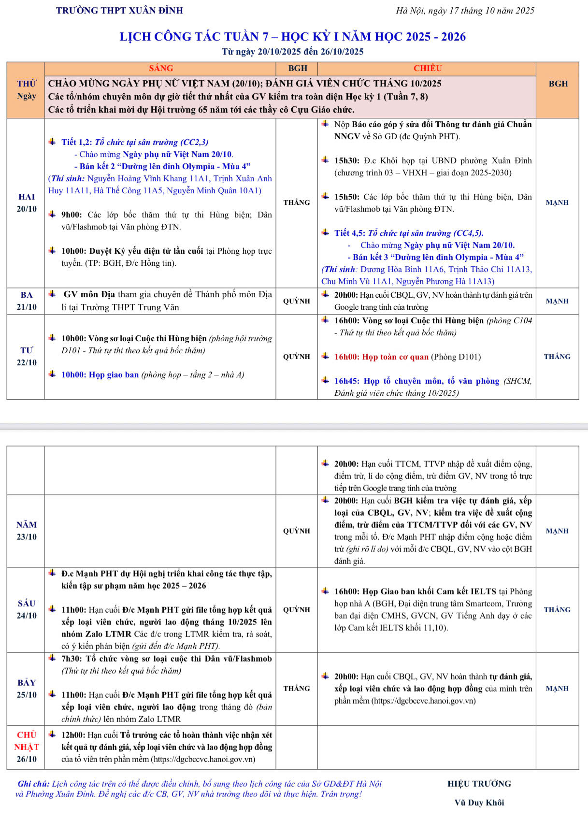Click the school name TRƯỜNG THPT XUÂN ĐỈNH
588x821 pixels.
pyautogui.click(x=119, y=10)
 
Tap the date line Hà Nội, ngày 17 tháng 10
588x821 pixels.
pyautogui.click(x=465, y=10)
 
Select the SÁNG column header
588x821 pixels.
pyautogui.click(x=161, y=68)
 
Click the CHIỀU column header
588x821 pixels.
pyautogui.click(x=427, y=68)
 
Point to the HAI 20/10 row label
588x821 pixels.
pyautogui.click(x=27, y=203)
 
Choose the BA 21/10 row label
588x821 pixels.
pyautogui.click(x=27, y=301)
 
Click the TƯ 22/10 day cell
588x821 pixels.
pyautogui.click(x=27, y=357)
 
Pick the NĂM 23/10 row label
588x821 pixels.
pyautogui.click(x=27, y=531)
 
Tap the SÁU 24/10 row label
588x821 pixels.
pyautogui.click(x=27, y=609)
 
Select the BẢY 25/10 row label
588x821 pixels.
pyautogui.click(x=27, y=689)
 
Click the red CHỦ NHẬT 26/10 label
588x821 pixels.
pyautogui.click(x=27, y=747)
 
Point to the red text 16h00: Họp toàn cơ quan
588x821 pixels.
pyautogui.click(x=381, y=357)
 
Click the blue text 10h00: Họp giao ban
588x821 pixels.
pyautogui.click(x=100, y=375)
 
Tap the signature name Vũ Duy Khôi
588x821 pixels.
pyautogui.click(x=479, y=803)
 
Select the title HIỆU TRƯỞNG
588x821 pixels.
pyautogui.click(x=479, y=784)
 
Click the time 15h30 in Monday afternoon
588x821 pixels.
pyautogui.click(x=346, y=161)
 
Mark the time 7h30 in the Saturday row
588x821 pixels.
pyautogui.click(x=71, y=659)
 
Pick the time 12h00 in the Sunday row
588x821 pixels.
pyautogui.click(x=73, y=735)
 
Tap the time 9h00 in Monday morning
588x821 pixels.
pyautogui.click(x=71, y=215)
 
